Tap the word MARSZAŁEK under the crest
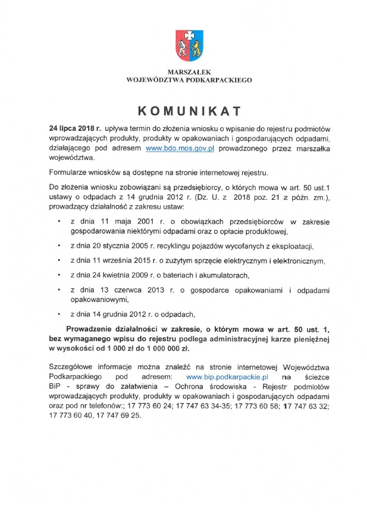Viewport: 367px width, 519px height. [189, 72]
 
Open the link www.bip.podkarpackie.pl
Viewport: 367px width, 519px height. [228, 376]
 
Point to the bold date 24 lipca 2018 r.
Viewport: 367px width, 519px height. [75, 128]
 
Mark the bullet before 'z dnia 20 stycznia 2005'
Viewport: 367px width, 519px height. [59, 245]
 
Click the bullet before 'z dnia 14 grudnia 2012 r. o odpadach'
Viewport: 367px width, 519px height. [59, 313]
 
